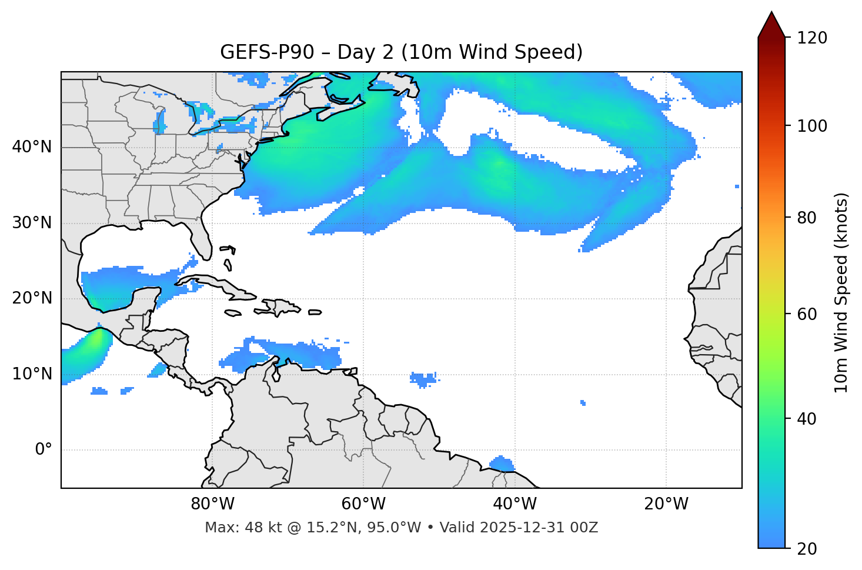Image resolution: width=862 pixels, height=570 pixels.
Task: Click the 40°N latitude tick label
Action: coord(32,147)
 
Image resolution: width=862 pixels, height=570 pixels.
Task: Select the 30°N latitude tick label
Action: coord(32,223)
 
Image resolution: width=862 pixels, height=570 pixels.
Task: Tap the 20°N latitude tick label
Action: coord(32,298)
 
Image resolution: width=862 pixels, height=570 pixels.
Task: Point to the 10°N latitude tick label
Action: coord(32,374)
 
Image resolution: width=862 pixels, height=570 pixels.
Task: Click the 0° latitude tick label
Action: coord(44,450)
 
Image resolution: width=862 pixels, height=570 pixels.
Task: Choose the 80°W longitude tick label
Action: coord(212,504)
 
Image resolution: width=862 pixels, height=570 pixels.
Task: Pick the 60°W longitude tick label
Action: coord(363,504)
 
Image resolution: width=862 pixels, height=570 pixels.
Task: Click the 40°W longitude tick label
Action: coord(515,504)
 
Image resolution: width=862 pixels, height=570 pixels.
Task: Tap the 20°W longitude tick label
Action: coord(666,504)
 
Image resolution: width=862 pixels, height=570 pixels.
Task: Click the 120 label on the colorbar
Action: coord(812,38)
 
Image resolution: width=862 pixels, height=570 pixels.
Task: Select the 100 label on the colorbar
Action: coord(812,126)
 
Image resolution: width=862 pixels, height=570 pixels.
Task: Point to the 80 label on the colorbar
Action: coord(807,218)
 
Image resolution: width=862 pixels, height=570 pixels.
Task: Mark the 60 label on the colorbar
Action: coord(807,314)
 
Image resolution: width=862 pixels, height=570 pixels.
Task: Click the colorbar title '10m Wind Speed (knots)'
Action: coord(841,292)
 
